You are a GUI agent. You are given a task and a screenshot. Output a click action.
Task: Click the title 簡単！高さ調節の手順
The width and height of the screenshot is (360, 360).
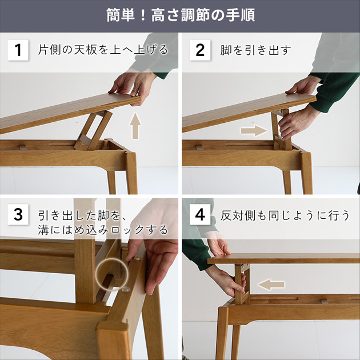click(180, 15)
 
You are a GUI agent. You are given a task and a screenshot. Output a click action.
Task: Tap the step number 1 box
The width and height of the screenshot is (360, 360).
click(18, 50)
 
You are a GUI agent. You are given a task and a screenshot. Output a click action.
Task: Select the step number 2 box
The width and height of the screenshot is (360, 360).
click(200, 50)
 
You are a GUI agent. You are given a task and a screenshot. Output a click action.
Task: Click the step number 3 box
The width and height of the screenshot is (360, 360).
click(18, 215)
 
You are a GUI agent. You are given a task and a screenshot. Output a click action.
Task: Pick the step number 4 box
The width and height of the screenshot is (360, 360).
click(200, 215)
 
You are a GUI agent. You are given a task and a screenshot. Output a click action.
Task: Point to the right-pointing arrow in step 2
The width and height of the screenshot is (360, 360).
click(253, 130)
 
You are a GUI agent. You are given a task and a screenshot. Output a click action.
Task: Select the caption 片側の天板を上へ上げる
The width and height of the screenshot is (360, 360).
click(103, 50)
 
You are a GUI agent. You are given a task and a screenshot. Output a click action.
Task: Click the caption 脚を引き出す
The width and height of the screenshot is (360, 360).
click(256, 50)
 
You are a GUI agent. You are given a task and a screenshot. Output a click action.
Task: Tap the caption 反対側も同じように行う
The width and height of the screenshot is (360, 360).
click(285, 215)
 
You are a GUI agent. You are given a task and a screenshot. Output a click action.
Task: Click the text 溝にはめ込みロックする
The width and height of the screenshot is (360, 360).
click(103, 230)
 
